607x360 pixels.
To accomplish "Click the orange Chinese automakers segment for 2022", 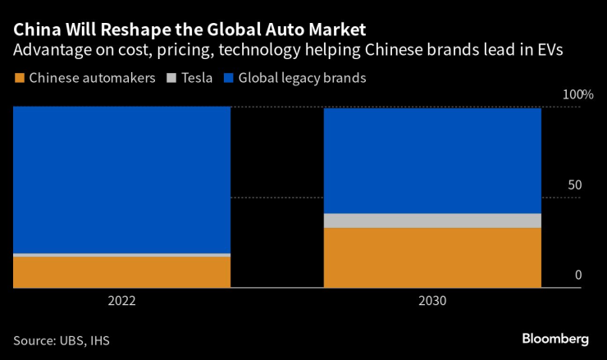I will pos(121,271).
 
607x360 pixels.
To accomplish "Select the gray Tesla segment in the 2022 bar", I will pos(121,255).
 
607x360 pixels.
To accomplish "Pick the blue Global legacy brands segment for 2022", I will pos(121,180).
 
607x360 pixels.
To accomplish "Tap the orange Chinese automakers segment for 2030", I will pos(432,257).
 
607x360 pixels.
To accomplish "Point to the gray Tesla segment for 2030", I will pos(432,221).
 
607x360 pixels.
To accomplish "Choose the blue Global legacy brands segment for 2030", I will pos(432,161).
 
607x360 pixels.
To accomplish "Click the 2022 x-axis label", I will pos(121,301).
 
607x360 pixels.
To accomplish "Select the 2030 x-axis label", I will pos(432,301).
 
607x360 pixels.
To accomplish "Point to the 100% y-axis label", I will pos(577,95).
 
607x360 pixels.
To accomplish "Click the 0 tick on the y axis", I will pos(578,276).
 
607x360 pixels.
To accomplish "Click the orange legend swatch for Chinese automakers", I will pos(20,79).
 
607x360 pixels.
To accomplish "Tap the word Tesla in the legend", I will pos(198,79).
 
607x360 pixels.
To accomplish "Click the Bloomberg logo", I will pos(555,338).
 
